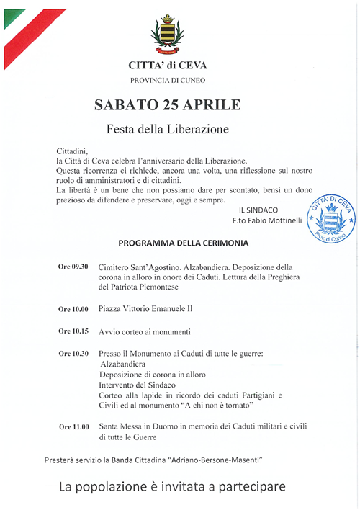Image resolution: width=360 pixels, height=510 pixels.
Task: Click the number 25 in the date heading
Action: click(x=171, y=105)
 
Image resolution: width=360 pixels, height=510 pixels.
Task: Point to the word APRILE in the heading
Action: click(x=212, y=105)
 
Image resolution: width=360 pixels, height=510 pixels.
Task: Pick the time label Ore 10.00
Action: click(x=73, y=310)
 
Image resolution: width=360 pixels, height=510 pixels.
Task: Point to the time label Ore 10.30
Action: click(x=73, y=354)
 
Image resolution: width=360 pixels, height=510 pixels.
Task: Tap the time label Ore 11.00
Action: click(x=73, y=427)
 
